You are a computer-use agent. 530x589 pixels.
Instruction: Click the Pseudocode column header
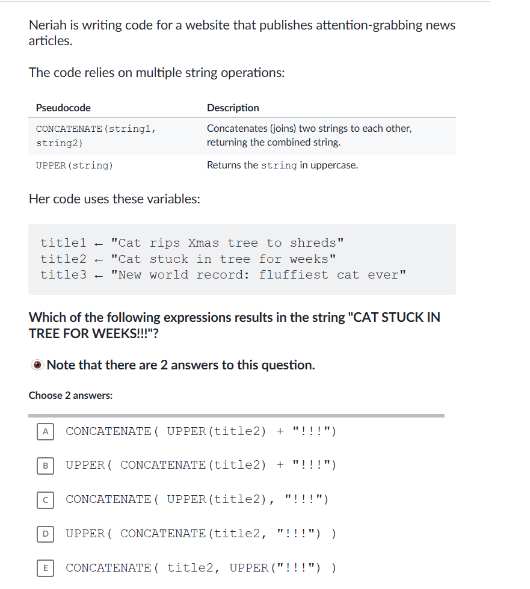(63, 108)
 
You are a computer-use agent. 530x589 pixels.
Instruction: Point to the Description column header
(233, 108)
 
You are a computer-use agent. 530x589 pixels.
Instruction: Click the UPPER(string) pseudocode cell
(74, 165)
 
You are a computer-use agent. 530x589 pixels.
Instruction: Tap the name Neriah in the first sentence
(49, 25)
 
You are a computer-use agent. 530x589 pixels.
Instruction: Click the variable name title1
(63, 243)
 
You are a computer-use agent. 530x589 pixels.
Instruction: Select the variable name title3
(63, 275)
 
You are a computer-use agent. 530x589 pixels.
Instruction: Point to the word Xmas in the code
(203, 243)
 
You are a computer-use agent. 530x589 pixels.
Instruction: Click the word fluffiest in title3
(294, 275)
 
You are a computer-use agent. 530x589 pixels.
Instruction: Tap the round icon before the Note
(37, 365)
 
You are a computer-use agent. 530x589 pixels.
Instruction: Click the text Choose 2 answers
(70, 395)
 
